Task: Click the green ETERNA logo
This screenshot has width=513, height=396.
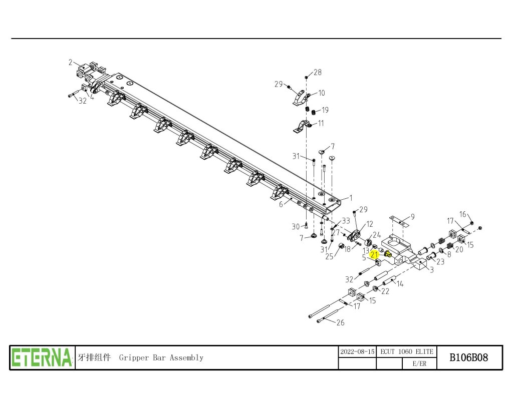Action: click(x=42, y=357)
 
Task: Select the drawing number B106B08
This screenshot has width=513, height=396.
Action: click(x=469, y=357)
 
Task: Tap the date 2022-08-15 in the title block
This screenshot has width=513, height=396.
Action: click(x=357, y=352)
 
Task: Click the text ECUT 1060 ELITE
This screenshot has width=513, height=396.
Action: click(x=407, y=352)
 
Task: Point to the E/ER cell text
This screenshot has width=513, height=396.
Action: click(x=419, y=363)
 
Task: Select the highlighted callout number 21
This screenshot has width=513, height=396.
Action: click(x=374, y=255)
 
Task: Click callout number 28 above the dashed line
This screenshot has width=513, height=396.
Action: click(x=317, y=72)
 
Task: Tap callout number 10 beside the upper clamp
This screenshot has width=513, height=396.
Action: click(x=322, y=93)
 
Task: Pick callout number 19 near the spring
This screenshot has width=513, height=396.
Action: click(x=325, y=110)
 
